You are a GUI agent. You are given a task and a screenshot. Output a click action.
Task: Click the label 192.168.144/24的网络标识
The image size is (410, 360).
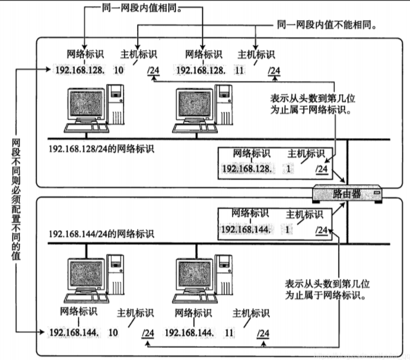pos(101,234)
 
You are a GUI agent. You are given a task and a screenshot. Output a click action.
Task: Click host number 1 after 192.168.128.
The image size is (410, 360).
pos(289,169)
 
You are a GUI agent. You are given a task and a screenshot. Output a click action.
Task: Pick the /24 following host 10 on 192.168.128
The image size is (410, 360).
pos(154,71)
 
